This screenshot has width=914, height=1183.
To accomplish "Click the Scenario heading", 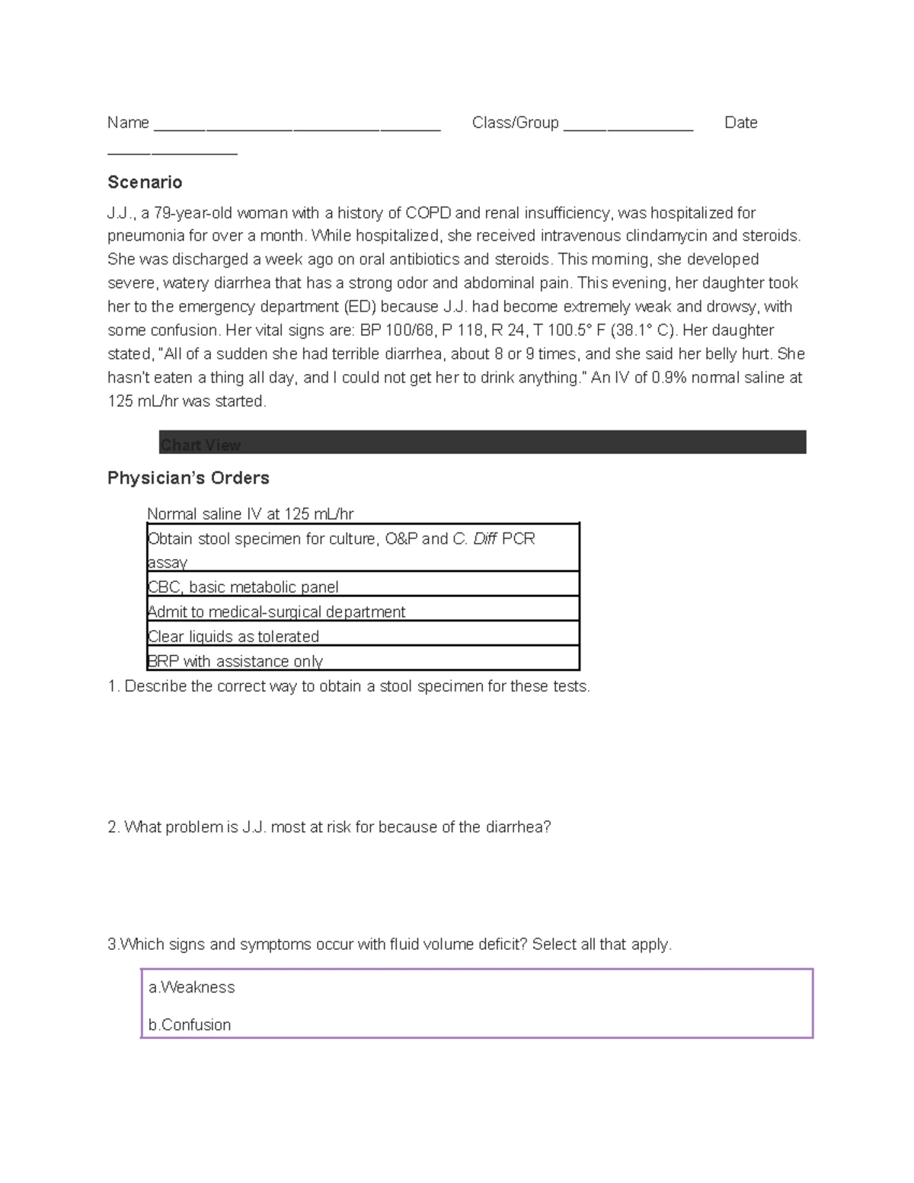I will pos(145,182).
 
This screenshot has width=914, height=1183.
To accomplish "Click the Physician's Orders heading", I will pos(188,478).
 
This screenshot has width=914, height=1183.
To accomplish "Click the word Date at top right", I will pos(740,123).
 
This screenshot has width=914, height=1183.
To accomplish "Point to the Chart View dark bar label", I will pos(200,445).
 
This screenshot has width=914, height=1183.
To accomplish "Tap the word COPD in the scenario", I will pos(427,213).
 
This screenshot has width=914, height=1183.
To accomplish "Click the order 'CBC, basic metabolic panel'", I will pos(243,587).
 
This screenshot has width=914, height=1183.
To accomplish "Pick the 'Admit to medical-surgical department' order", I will pos(276,612).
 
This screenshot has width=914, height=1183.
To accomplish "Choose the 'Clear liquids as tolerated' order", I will pos(233,636).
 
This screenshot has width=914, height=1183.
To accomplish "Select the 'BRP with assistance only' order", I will pos(235,661).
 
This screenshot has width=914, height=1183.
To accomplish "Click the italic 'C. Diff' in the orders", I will pos(475,539).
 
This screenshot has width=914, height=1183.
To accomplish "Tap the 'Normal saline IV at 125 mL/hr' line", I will pos(250,514).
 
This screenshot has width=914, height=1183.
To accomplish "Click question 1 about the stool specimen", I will pos(349,686).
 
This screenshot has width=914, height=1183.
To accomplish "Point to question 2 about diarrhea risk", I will pos(329,827).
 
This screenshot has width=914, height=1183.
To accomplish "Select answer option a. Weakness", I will pos(192,987).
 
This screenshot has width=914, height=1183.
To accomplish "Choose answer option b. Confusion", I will pos(190,1025).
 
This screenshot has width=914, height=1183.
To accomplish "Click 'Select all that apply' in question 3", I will pos(602,945).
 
